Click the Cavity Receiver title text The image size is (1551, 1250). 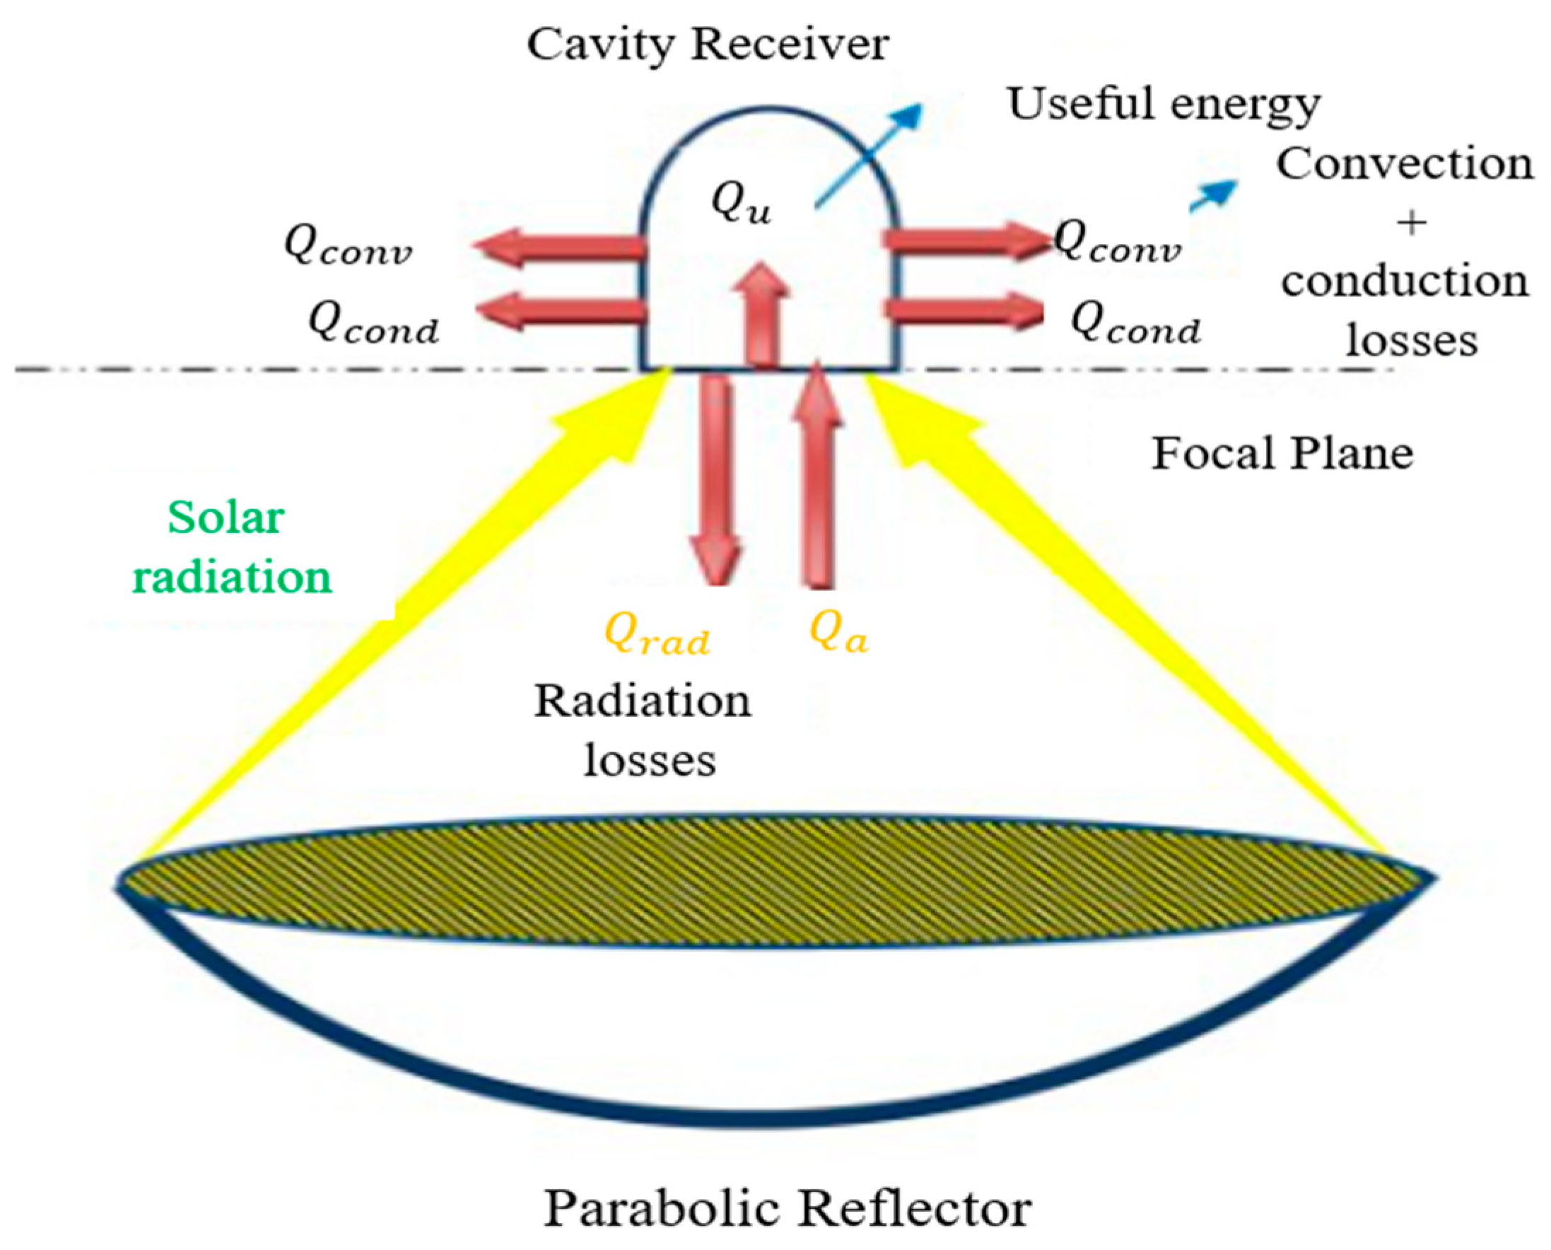point(708,45)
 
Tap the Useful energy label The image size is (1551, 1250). point(1164,105)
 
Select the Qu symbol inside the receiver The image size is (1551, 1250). point(741,204)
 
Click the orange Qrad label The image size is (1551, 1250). point(657,634)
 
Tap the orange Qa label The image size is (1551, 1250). point(838,632)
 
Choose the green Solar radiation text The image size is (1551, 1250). point(230,547)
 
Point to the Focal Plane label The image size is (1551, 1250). point(1282,454)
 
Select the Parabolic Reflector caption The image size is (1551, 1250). point(787,1208)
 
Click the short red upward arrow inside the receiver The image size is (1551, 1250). point(762,313)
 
